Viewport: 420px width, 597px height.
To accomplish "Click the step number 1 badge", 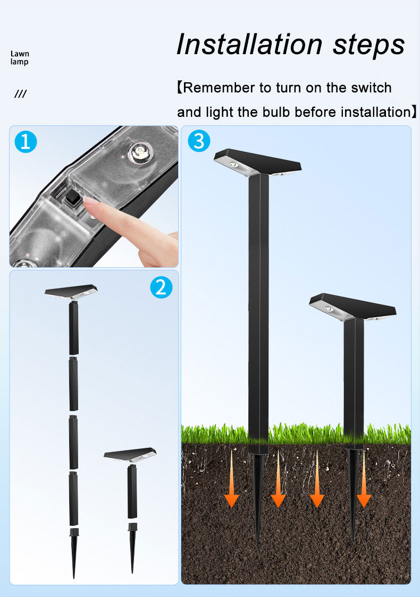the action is [26, 142].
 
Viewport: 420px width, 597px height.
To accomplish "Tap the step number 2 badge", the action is [161, 287].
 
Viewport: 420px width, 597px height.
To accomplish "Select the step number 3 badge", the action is [199, 141].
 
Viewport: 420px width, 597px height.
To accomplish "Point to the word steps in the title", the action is [368, 46].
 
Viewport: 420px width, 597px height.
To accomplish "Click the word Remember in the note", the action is [219, 88].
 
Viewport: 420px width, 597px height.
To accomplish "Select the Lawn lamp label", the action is [20, 57].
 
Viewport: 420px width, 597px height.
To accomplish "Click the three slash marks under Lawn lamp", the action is [21, 93].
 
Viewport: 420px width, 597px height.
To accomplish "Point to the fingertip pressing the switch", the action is [88, 201].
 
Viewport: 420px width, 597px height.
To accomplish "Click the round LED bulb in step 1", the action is [141, 152].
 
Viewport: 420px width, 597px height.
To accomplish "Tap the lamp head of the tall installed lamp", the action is [258, 163].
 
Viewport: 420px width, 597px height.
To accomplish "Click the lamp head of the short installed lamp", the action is [352, 307].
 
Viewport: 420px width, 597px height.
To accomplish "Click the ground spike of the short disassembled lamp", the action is [132, 548].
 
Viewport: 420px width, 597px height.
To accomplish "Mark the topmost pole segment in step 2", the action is [73, 327].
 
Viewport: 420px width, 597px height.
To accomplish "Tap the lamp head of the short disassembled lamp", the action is [130, 455].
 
